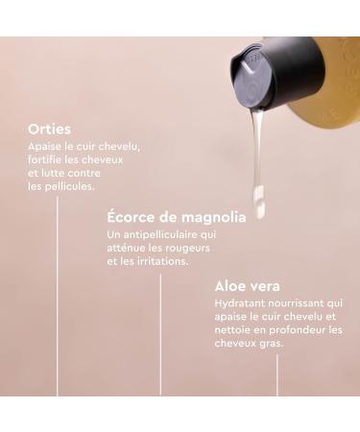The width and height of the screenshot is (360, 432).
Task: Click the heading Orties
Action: (50, 128)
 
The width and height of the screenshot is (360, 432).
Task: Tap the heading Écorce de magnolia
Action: (177, 217)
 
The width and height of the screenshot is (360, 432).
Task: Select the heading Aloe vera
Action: (248, 286)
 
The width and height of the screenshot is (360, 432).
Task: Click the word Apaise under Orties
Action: (46, 146)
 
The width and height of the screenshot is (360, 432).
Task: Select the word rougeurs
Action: (187, 248)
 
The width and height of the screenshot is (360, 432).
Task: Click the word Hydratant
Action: (239, 303)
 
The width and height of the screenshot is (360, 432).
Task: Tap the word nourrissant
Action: (298, 303)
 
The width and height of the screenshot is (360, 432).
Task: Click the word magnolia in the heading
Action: (210, 217)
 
